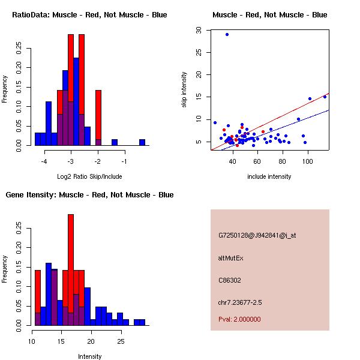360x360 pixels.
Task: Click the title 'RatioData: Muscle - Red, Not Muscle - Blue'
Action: click(x=89, y=14)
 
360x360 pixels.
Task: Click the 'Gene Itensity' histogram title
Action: click(x=89, y=195)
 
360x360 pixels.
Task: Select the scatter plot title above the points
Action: click(x=269, y=14)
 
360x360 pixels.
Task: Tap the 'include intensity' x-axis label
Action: click(x=269, y=176)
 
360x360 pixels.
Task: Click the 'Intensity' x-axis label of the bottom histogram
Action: click(x=89, y=356)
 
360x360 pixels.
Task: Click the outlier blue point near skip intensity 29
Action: click(x=227, y=34)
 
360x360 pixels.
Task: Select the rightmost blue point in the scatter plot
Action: click(x=325, y=97)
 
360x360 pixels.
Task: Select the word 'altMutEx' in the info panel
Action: click(x=231, y=258)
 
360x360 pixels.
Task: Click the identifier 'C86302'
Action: click(x=230, y=280)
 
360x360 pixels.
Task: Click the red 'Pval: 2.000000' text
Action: click(x=239, y=319)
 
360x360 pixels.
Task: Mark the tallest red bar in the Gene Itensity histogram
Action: click(x=71, y=270)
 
